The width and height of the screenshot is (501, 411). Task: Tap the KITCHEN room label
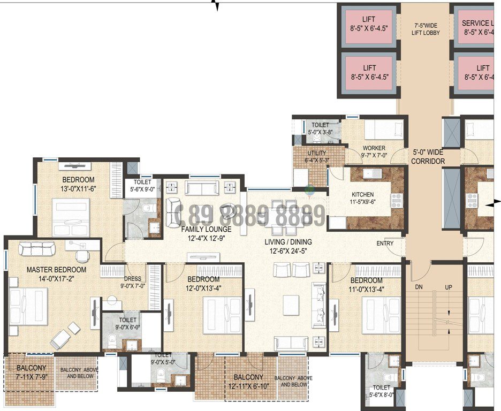(x=362, y=194)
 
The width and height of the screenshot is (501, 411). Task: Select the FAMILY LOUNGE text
(x=206, y=229)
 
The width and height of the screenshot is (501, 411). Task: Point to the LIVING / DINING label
(x=288, y=242)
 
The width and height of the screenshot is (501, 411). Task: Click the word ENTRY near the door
(x=384, y=243)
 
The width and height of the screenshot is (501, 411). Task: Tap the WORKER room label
(x=374, y=148)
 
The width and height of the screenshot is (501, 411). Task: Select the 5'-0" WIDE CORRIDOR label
(x=429, y=156)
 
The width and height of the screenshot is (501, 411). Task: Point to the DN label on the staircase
(x=420, y=287)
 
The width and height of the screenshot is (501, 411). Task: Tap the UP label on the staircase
(x=449, y=287)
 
